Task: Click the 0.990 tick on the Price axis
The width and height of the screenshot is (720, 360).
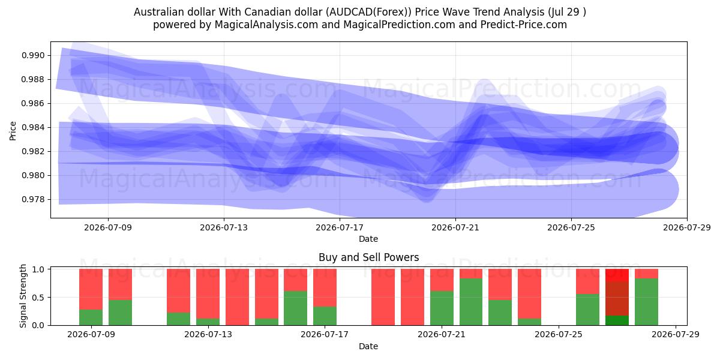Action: click(33, 56)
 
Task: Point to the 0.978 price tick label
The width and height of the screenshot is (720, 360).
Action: click(33, 200)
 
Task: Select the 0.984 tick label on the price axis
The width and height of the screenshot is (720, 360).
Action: click(33, 128)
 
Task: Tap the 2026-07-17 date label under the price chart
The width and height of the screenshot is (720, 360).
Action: click(340, 227)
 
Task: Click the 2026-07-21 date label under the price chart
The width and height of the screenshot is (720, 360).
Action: click(455, 227)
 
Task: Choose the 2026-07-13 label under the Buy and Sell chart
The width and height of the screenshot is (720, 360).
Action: click(208, 334)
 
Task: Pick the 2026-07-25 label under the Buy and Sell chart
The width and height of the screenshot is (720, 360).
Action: click(559, 334)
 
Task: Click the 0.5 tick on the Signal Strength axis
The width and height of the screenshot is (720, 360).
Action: click(38, 298)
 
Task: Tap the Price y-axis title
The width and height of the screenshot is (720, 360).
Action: click(13, 131)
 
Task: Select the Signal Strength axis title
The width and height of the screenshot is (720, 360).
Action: click(23, 296)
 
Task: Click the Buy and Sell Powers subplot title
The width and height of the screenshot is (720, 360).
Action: click(368, 257)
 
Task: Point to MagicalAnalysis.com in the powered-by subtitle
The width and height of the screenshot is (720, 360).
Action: click(266, 25)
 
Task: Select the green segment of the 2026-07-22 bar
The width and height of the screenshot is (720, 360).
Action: click(471, 302)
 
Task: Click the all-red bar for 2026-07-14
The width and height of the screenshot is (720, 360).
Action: click(237, 297)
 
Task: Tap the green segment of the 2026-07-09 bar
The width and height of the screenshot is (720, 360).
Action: click(91, 317)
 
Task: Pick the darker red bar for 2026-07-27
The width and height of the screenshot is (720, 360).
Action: click(617, 299)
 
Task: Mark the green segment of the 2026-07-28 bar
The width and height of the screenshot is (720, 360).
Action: click(646, 302)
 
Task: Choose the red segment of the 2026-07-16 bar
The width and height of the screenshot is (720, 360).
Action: click(295, 280)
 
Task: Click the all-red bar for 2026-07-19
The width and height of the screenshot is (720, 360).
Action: click(383, 297)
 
